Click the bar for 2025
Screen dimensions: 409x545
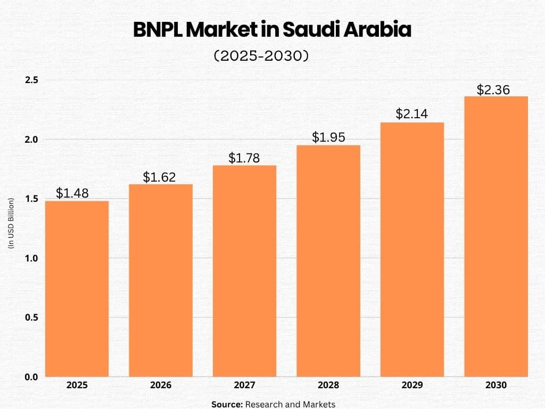tap(77, 289)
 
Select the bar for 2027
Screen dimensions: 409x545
tap(244, 271)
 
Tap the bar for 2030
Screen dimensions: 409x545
tap(496, 236)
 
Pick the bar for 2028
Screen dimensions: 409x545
tap(328, 260)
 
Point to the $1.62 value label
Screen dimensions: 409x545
tap(159, 177)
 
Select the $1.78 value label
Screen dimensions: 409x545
tap(244, 158)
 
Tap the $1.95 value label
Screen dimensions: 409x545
tap(328, 137)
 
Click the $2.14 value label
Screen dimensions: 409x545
tap(412, 114)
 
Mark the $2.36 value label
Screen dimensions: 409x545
tap(493, 89)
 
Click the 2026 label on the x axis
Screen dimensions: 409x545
tap(161, 385)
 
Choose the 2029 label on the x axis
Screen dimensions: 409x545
tap(412, 385)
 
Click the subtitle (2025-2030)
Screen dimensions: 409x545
tap(261, 56)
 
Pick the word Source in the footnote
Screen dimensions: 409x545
tap(226, 404)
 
